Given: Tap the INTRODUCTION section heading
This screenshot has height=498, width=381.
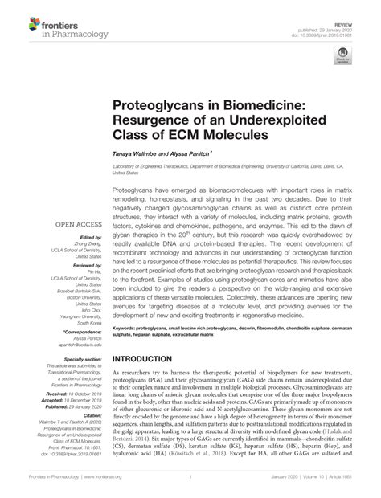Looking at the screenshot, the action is point(150,358).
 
